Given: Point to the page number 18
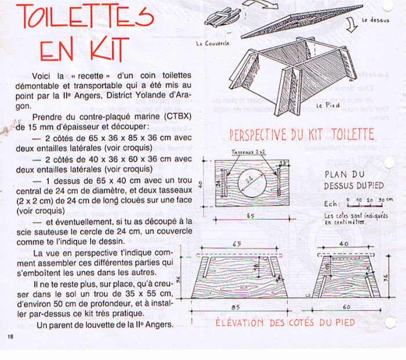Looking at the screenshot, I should (10, 337).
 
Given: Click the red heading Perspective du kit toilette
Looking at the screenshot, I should (302, 135).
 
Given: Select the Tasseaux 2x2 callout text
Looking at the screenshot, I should (248, 151).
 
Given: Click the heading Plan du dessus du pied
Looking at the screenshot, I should (348, 179).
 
